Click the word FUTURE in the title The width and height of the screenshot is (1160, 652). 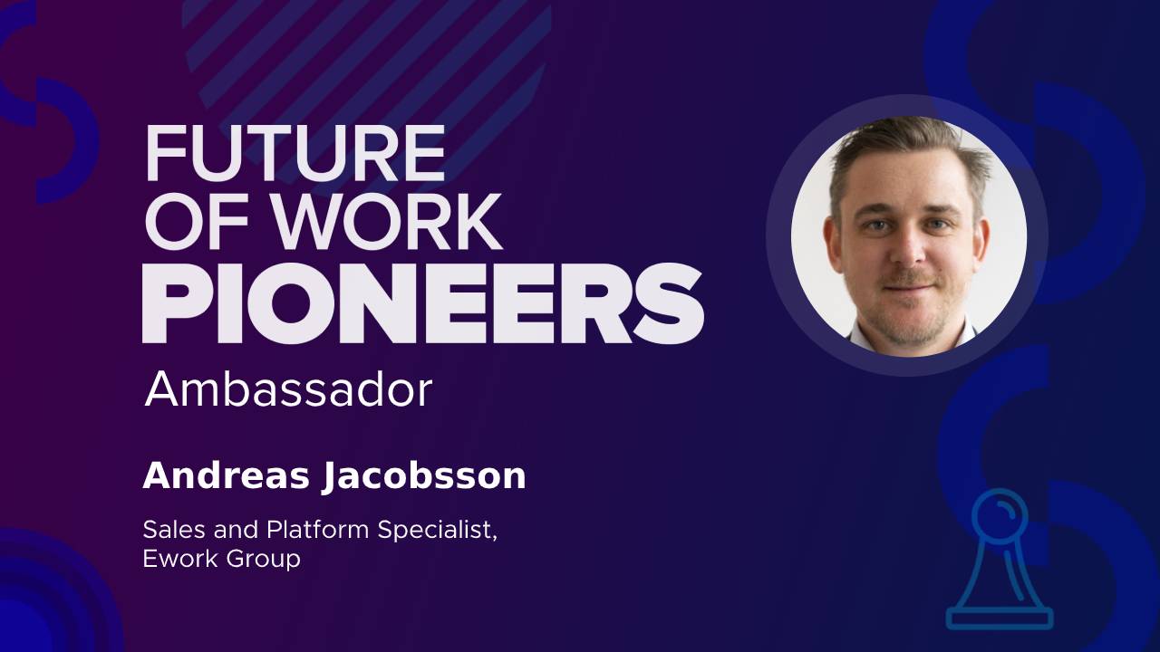coord(295,154)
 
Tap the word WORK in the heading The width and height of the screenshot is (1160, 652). coord(388,223)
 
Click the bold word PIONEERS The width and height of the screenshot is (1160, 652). coord(423,303)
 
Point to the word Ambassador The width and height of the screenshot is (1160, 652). coord(288,389)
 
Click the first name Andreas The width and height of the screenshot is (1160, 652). coord(227,475)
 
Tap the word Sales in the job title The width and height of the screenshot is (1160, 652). coord(176,530)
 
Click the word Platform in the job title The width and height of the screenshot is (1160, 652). coord(318,530)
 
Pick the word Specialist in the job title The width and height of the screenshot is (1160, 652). coord(438,531)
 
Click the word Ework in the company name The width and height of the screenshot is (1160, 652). coord(180,559)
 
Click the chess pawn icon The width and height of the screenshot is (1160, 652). coord(1000,559)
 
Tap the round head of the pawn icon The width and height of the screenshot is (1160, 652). coord(1000,513)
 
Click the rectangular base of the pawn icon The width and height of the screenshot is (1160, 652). coord(1000,618)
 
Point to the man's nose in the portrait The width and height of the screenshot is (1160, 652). coord(909,248)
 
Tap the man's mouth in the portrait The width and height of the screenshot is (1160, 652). coord(909,286)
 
